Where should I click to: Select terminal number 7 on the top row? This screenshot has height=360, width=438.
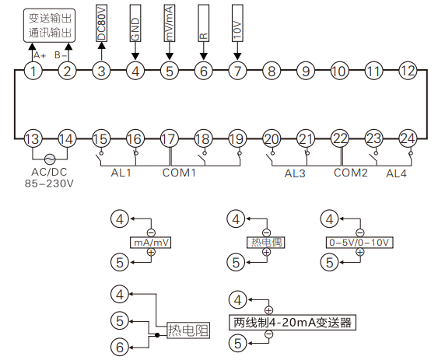coord(238,72)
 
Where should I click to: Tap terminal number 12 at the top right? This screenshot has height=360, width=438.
coord(408,71)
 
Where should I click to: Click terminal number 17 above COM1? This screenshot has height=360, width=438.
coord(169,139)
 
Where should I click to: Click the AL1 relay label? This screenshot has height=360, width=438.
coord(121,173)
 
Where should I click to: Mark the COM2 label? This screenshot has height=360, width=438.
coord(350,173)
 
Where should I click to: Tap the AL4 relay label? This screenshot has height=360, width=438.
coord(398,173)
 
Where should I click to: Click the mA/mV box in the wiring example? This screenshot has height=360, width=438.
coord(151,243)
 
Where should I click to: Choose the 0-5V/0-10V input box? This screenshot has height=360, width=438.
coord(359,243)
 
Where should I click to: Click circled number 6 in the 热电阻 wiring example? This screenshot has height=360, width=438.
coord(118,348)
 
